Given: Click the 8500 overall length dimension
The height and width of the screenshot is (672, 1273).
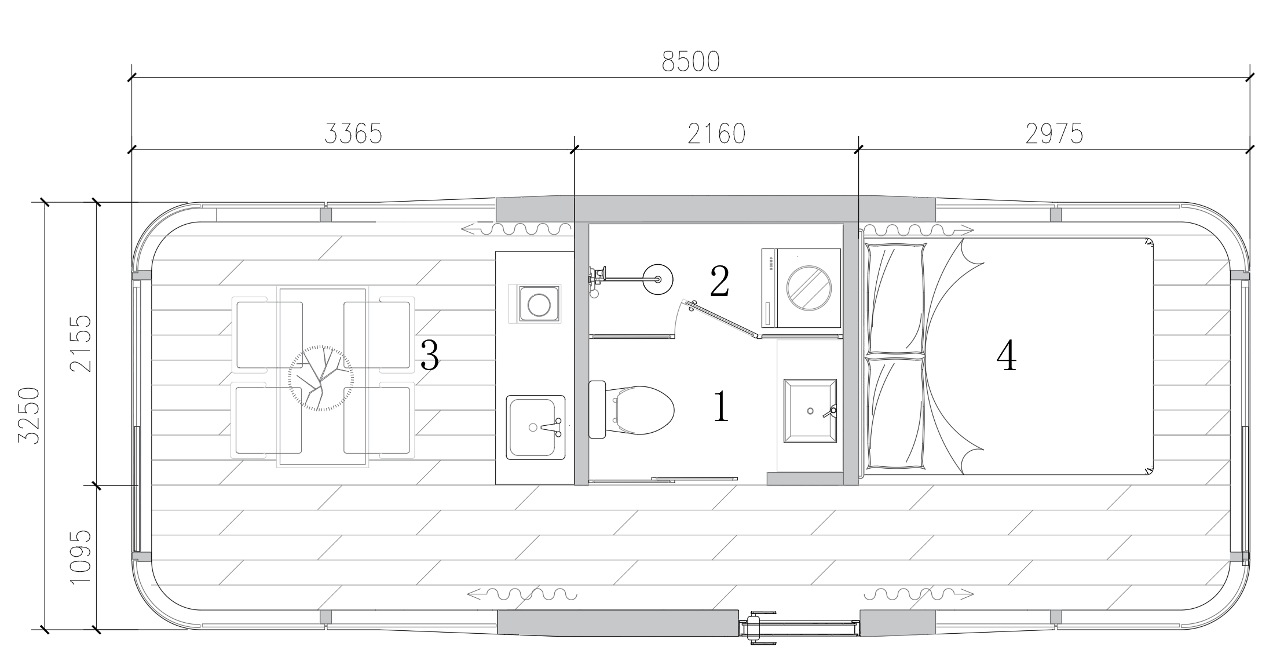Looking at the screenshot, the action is coord(690,61).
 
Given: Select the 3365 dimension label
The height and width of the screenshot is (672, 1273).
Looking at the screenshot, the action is coord(353,134).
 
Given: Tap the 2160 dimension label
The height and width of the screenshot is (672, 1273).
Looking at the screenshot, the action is coord(716,134).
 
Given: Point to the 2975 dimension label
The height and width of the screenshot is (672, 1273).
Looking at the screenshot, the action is coord(1054,134).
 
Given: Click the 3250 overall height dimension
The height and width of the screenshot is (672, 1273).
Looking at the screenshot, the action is coord(29,416).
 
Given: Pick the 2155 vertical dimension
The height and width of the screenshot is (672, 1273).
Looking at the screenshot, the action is coord(81,343).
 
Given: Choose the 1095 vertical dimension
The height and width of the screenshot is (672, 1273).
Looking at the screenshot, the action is coord(81,557).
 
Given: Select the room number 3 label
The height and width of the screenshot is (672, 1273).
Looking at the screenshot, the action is coord(429,355).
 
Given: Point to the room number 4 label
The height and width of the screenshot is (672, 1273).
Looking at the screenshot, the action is coord(1007,355).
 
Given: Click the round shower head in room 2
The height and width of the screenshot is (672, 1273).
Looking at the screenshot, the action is coord(658,279).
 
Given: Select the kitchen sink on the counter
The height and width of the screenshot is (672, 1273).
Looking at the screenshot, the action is coord(535,428).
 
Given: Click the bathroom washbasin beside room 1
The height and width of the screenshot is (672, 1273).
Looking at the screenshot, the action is coord(810,411).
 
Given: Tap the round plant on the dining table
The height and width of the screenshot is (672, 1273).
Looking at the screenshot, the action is coord(320,378).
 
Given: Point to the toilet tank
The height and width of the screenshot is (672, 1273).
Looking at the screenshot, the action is coord(597,409).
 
